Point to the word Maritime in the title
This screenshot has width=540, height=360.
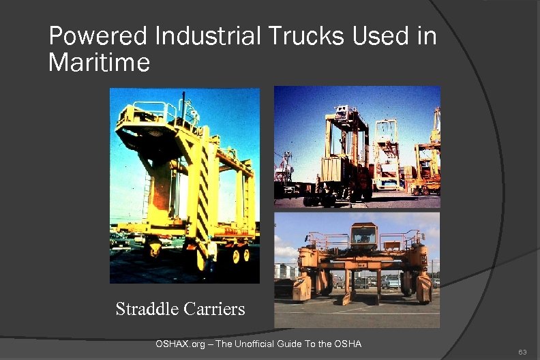pyautogui.click(x=99, y=63)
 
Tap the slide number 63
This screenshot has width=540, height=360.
pyautogui.click(x=522, y=352)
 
